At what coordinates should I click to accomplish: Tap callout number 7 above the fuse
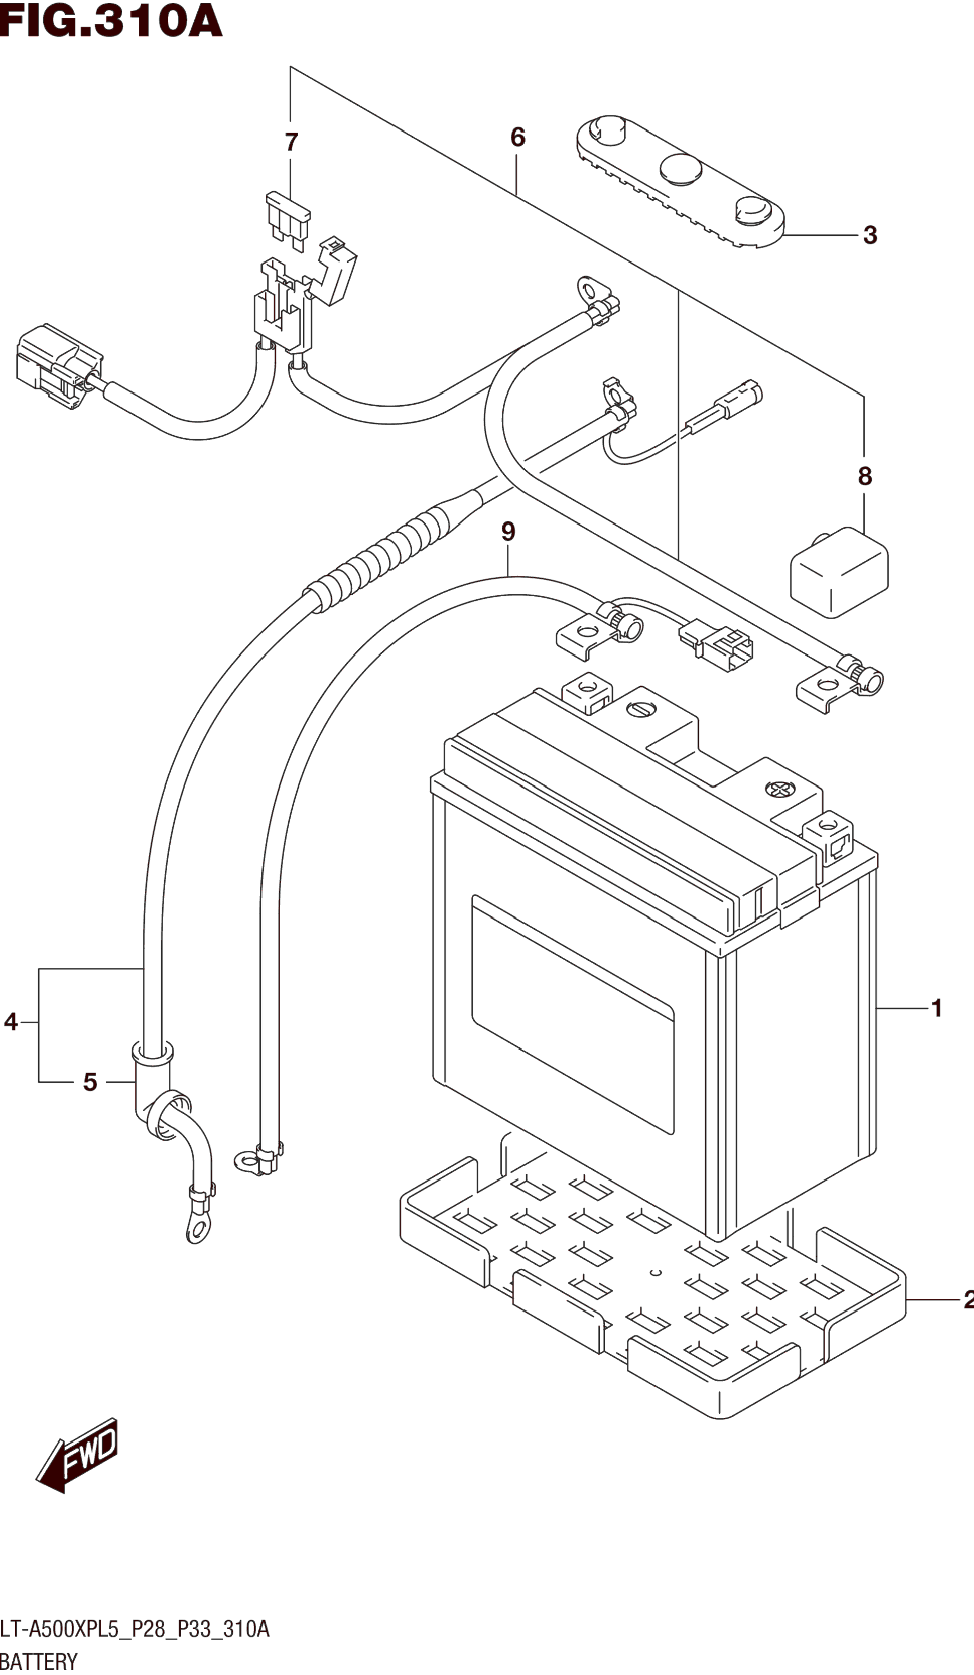click(291, 142)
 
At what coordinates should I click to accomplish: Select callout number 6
click(518, 138)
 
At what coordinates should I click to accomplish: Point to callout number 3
click(870, 235)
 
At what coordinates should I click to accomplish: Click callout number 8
click(864, 476)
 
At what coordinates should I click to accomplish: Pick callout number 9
click(508, 532)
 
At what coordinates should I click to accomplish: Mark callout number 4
click(11, 1022)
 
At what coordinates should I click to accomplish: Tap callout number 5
click(90, 1082)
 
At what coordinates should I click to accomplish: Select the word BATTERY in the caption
click(39, 1662)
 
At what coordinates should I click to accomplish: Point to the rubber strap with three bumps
click(680, 183)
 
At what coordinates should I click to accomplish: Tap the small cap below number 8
click(838, 573)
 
